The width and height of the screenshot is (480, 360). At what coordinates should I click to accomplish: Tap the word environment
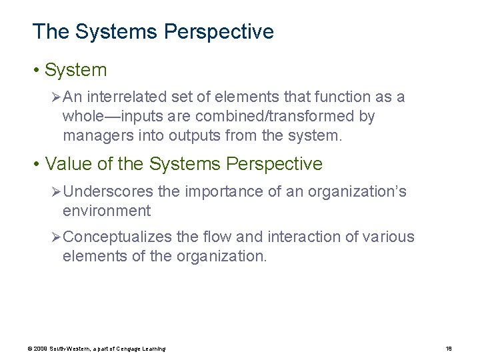coord(107,212)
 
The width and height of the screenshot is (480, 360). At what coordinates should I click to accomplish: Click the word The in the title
coord(47,31)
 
